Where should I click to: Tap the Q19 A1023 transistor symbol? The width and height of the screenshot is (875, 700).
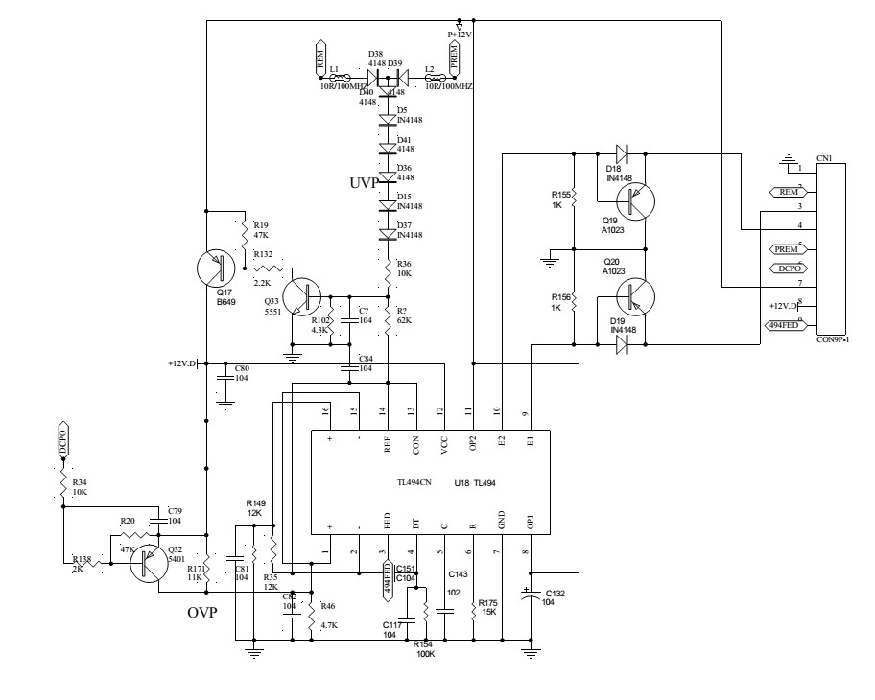[632, 200]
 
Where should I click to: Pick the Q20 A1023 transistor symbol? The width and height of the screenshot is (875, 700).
[632, 296]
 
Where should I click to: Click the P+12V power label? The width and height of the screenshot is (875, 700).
[461, 34]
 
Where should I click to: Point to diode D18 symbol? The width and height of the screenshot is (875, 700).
[621, 152]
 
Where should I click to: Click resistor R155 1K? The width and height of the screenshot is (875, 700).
[572, 200]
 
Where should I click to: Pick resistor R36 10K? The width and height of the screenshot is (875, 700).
[388, 268]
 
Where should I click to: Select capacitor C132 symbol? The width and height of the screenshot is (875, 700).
[528, 596]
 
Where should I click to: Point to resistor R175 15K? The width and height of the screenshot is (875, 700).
[473, 606]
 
